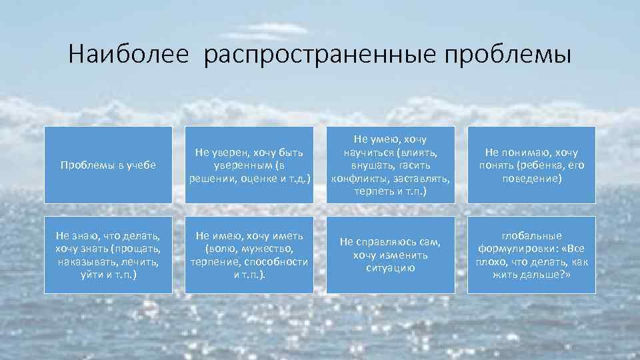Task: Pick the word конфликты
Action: (360, 178)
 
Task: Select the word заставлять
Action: (420, 178)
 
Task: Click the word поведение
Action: (531, 178)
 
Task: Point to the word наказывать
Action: (82, 261)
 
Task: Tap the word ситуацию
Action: (390, 268)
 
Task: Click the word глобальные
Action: (531, 235)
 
